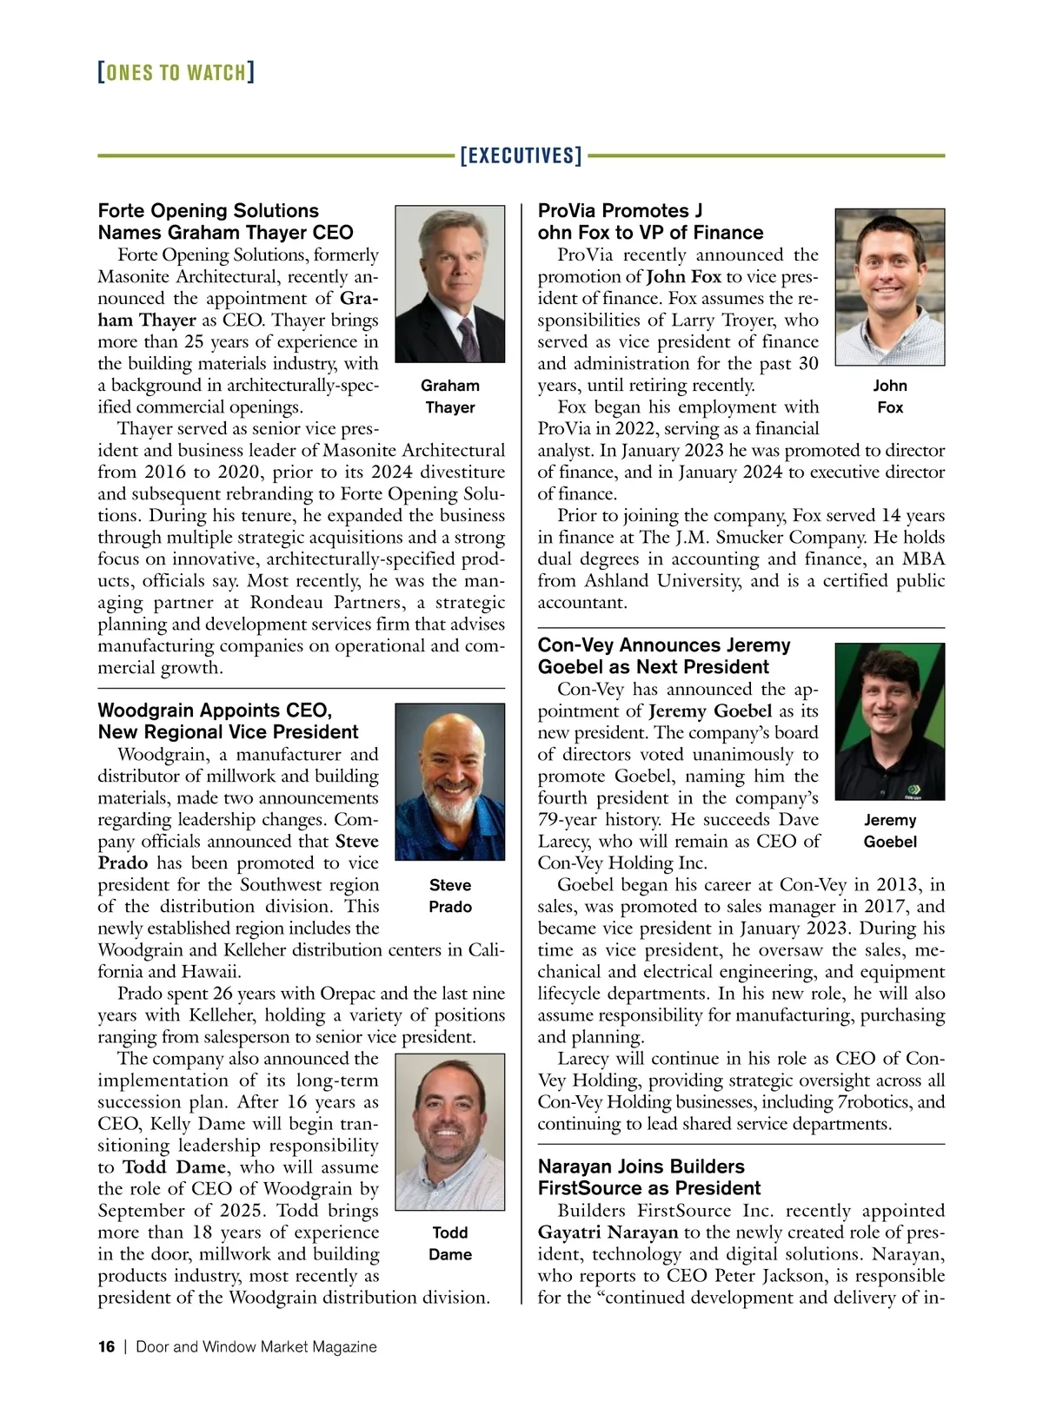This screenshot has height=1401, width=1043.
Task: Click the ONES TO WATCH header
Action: coord(176,72)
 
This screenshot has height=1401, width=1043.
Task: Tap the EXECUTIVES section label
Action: coord(521,156)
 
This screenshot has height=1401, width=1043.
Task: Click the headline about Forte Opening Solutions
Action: coord(226,221)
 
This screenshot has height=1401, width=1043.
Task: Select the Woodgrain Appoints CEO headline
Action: coord(228,721)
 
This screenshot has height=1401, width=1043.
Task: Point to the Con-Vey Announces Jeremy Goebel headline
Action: coord(664,656)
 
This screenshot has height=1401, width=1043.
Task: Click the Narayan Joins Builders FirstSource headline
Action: coord(649,1177)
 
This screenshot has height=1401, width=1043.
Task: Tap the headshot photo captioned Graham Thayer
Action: coord(449,283)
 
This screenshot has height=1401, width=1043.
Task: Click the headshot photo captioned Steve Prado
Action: coord(449,781)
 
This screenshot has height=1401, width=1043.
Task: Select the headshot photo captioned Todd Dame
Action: coord(449,1132)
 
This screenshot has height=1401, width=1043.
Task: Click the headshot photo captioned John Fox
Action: coord(889,287)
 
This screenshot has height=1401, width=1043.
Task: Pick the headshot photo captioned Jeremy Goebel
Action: coord(889,721)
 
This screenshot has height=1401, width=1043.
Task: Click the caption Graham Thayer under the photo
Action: coord(449,396)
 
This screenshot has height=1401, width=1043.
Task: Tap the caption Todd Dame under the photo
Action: coord(449,1243)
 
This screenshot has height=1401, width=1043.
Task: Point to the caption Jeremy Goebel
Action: coord(889,830)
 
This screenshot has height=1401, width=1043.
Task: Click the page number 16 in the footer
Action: coord(106,1347)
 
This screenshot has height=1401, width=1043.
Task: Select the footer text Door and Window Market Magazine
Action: coord(256,1347)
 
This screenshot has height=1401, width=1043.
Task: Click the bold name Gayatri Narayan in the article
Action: coord(608,1232)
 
